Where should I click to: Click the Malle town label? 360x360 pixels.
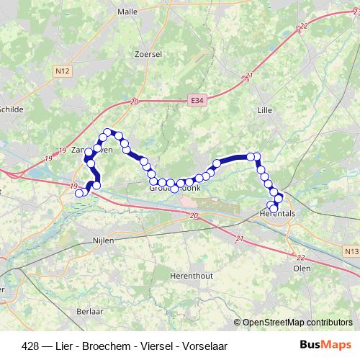127,12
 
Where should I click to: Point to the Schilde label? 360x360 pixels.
11,109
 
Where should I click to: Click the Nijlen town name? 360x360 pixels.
104,240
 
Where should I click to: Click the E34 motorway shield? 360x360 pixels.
198,102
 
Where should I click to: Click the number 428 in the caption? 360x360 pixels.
31,346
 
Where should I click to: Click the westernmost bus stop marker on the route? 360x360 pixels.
79,192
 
